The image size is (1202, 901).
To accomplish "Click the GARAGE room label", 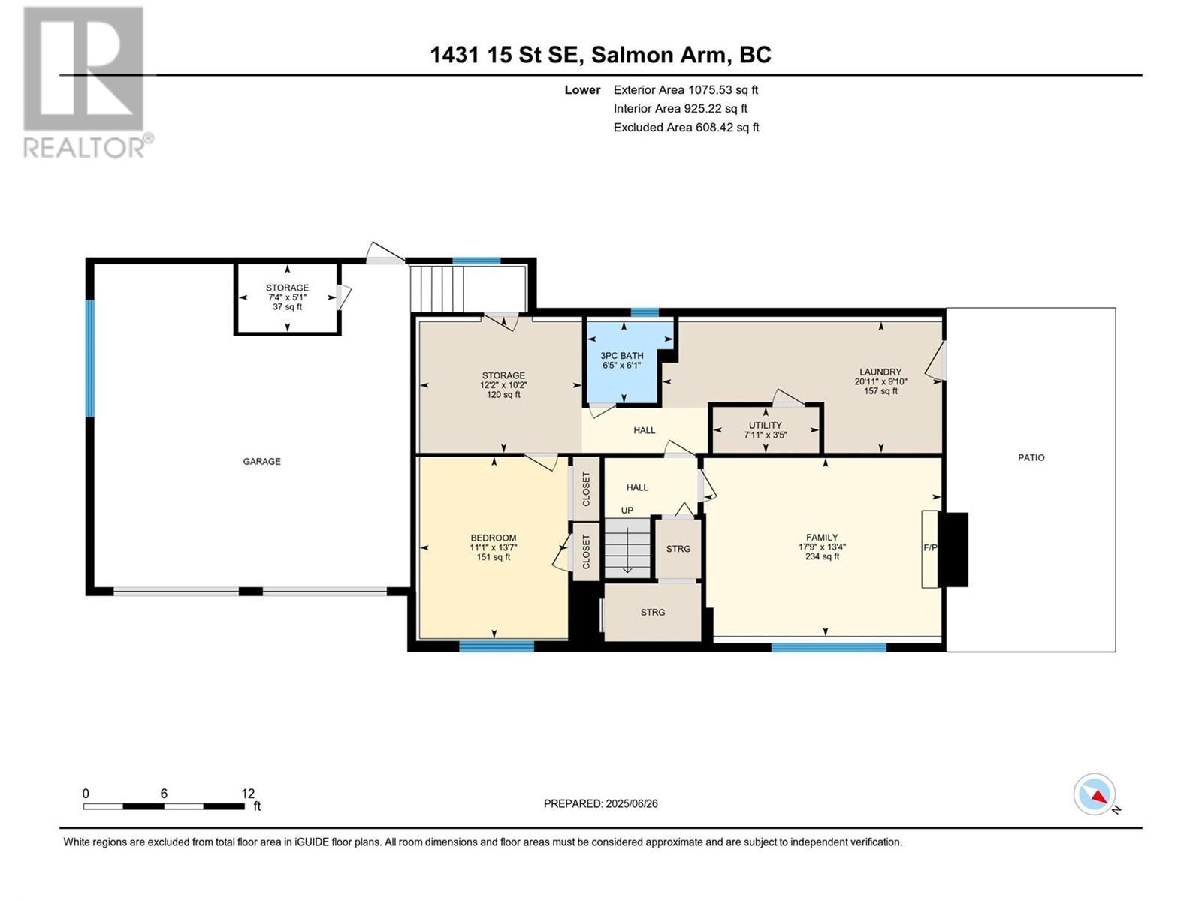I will pos(261,461).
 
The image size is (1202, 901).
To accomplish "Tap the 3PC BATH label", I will pos(621,355).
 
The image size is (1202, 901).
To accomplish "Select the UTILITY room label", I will pos(765,425).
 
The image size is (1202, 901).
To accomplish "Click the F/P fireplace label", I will pos(930,548).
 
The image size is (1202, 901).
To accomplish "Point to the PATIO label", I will pos(1031,457).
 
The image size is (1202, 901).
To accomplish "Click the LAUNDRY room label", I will pos(880,372).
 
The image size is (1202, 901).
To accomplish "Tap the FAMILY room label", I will pos(822,537).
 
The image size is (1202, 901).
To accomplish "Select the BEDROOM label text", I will pos(493,538).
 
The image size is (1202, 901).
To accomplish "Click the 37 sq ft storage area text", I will pos(287,306).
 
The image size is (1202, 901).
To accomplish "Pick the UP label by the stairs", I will pos(627,511).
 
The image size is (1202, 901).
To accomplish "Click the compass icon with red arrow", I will pos(1095,794).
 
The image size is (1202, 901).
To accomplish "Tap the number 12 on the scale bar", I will pos(248,794).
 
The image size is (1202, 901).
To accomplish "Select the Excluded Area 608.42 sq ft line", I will pos(686,128).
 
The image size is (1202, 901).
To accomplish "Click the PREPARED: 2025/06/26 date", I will pos(600,803).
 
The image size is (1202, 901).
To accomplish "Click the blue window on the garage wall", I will pos(90,358).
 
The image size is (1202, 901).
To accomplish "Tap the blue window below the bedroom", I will pos(497,646).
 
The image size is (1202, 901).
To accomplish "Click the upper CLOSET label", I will pos(587,489).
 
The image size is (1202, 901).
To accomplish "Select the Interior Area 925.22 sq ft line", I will pos(680,109).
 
